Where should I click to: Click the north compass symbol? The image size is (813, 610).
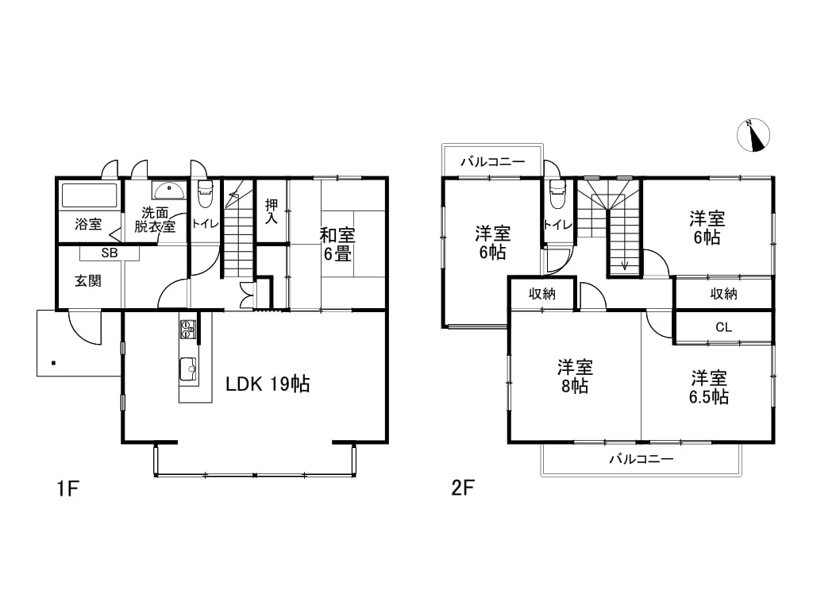tap(753, 135)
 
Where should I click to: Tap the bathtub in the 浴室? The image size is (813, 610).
tap(90, 195)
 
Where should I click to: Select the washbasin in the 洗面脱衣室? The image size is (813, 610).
tap(168, 191)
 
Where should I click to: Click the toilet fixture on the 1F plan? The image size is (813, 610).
tap(206, 194)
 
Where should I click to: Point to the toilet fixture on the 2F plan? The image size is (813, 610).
tap(557, 195)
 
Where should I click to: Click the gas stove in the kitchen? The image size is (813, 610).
tap(187, 330)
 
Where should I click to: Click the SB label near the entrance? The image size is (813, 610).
tap(110, 253)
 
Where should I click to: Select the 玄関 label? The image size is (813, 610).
tap(88, 281)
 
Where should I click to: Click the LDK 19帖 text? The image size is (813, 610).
tap(268, 384)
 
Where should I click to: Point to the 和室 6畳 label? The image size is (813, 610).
tap(337, 245)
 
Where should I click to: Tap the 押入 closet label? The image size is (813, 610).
tap(272, 211)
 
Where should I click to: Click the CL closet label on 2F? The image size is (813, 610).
tap(723, 327)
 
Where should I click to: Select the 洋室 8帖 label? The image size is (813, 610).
tap(575, 376)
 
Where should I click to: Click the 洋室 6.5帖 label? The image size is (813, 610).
tap(709, 387)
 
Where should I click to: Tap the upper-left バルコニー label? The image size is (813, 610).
tap(493, 162)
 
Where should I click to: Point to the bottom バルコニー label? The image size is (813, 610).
tap(642, 459)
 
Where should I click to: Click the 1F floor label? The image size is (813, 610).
tap(67, 488)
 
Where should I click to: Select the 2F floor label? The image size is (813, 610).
tap(463, 488)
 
